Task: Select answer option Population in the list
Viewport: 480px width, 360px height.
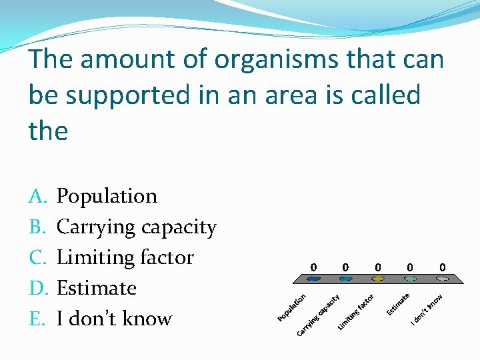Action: pyautogui.click(x=107, y=196)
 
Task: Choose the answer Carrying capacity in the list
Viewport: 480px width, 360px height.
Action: pyautogui.click(x=136, y=227)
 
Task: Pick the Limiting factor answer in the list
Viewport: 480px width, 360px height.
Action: pyautogui.click(x=125, y=257)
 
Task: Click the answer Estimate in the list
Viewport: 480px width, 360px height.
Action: pyautogui.click(x=96, y=288)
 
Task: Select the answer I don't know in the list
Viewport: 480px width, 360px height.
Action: pyautogui.click(x=114, y=319)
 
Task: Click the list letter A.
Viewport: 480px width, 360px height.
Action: pyautogui.click(x=37, y=196)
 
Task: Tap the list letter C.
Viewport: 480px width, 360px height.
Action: pyautogui.click(x=37, y=257)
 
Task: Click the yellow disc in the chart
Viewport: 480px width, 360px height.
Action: pyautogui.click(x=378, y=279)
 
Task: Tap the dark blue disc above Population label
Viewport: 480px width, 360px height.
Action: pyautogui.click(x=313, y=279)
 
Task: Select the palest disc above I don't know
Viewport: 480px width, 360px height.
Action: pyautogui.click(x=443, y=279)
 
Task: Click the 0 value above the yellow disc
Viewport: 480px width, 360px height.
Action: pyautogui.click(x=378, y=267)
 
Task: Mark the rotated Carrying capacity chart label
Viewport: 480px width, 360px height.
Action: pyautogui.click(x=319, y=315)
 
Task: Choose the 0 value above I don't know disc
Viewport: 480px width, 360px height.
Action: pyautogui.click(x=443, y=267)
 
